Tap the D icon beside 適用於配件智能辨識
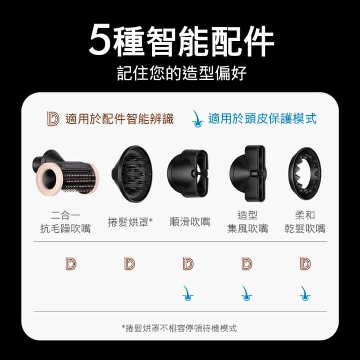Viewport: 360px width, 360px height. [53, 119]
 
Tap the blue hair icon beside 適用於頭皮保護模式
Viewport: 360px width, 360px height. [197, 118]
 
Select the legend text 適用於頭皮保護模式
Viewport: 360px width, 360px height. [262, 119]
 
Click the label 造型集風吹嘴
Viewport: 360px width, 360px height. [247, 222]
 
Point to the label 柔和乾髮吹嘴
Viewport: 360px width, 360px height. [305, 222]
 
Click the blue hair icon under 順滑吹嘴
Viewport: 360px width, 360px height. [188, 292]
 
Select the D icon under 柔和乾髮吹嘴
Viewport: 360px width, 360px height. [305, 263]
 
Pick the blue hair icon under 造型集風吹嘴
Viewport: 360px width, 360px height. [246, 292]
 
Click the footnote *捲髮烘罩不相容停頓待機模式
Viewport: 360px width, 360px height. [179, 328]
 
